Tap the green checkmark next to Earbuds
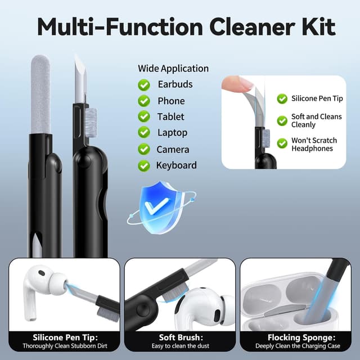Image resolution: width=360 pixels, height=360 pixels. click(144, 85)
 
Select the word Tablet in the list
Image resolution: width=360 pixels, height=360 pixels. click(170, 116)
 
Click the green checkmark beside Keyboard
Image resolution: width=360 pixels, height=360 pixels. click(144, 166)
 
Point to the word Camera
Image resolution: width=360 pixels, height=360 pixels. click(173, 150)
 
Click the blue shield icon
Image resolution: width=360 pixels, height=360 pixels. click(161, 207)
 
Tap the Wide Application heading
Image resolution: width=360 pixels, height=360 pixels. click(173, 69)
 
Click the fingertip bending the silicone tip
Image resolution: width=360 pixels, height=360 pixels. click(236, 84)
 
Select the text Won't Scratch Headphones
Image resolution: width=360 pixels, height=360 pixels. click(314, 145)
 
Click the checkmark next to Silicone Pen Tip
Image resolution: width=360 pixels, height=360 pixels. click(282, 99)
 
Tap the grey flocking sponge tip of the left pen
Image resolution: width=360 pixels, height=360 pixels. click(40, 94)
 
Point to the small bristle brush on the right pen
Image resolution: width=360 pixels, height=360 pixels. click(91, 123)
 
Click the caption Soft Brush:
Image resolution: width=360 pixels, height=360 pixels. click(181, 337)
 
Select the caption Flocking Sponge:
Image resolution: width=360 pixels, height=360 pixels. click(301, 337)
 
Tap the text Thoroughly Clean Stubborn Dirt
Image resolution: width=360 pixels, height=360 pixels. click(65, 346)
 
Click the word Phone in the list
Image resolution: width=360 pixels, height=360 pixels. click(171, 101)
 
